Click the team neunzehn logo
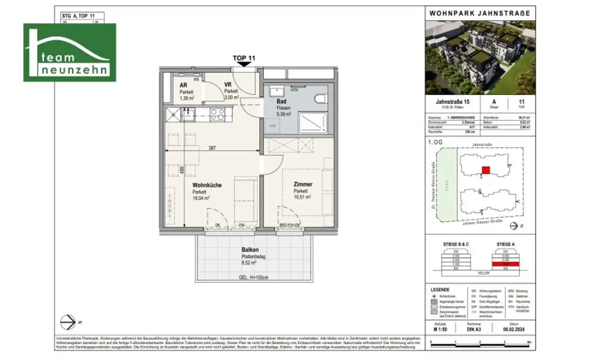pyautogui.click(x=69, y=53)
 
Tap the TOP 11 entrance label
pyautogui.click(x=243, y=58)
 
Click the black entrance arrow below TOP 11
pyautogui.click(x=244, y=64)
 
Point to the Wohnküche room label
pyautogui.click(x=207, y=185)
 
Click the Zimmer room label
pyautogui.click(x=302, y=184)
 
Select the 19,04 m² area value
pyautogui.click(x=201, y=198)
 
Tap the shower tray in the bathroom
pyautogui.click(x=313, y=122)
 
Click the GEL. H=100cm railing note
pyautogui.click(x=254, y=277)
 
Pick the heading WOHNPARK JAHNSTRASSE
pyautogui.click(x=479, y=13)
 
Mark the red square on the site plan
pyautogui.click(x=486, y=170)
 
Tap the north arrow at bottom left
pyautogui.click(x=69, y=320)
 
